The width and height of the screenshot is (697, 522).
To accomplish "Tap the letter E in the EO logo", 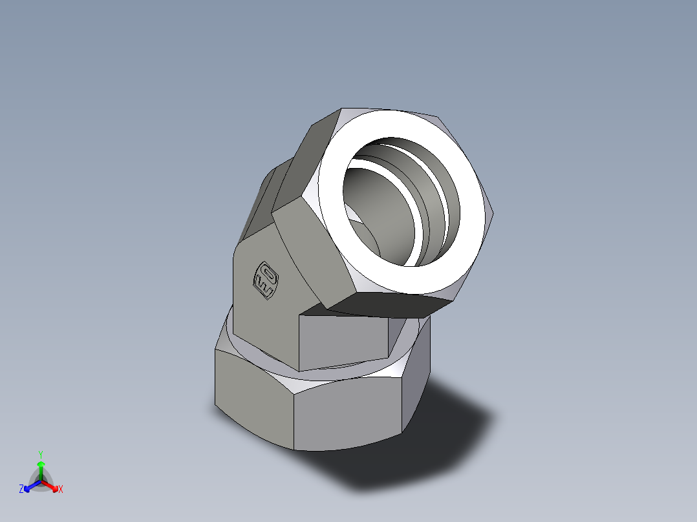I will point(264,288).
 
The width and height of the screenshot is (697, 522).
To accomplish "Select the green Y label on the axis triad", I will point(40,454).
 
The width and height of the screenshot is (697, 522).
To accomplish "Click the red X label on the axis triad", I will point(60,490).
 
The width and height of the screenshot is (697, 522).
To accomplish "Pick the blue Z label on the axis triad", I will point(21,490).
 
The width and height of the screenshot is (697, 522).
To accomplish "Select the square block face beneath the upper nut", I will point(343,339).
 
